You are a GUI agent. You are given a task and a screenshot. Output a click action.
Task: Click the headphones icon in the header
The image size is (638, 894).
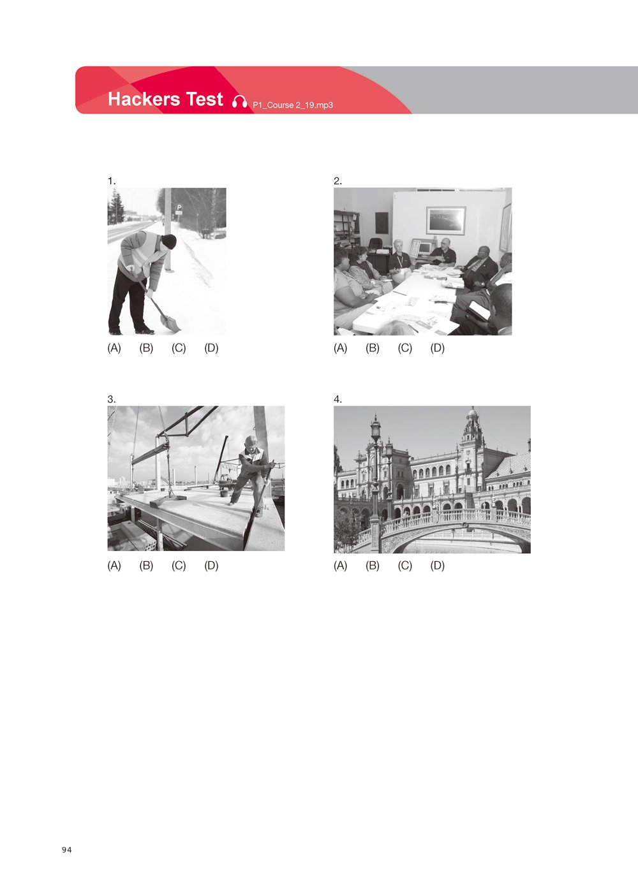pyautogui.click(x=239, y=102)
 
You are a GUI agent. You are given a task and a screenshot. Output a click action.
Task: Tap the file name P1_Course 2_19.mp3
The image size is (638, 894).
pyautogui.click(x=293, y=105)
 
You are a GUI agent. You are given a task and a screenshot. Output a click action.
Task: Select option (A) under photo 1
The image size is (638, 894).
pyautogui.click(x=114, y=348)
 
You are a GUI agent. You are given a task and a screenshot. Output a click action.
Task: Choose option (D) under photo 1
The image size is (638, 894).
pyautogui.click(x=211, y=348)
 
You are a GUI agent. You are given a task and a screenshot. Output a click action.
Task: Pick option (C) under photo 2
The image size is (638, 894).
pyautogui.click(x=405, y=348)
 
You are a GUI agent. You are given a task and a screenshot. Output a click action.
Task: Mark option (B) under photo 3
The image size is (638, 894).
pyautogui.click(x=146, y=566)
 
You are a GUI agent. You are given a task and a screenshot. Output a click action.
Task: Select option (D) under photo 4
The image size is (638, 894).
pyautogui.click(x=437, y=566)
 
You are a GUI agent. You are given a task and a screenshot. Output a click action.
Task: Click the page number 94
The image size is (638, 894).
pyautogui.click(x=67, y=850)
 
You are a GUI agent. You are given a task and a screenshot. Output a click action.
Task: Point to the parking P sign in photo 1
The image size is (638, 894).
pyautogui.click(x=179, y=209)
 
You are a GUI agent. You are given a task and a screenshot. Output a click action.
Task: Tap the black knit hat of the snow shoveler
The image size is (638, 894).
pyautogui.click(x=169, y=242)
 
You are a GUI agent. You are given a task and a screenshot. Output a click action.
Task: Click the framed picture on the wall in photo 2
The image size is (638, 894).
pyautogui.click(x=446, y=220)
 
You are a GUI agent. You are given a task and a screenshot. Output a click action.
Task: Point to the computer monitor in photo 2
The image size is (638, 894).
pyautogui.click(x=424, y=248)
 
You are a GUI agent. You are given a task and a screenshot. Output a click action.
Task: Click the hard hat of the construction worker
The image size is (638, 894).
pyautogui.click(x=251, y=441)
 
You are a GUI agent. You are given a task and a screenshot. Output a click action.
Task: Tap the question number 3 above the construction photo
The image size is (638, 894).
pyautogui.click(x=112, y=399)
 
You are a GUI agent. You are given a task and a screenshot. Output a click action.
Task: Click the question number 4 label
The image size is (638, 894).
pyautogui.click(x=338, y=399)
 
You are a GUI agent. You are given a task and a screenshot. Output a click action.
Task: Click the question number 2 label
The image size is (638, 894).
pyautogui.click(x=338, y=181)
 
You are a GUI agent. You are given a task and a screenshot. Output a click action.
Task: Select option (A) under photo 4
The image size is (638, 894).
pyautogui.click(x=341, y=566)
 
